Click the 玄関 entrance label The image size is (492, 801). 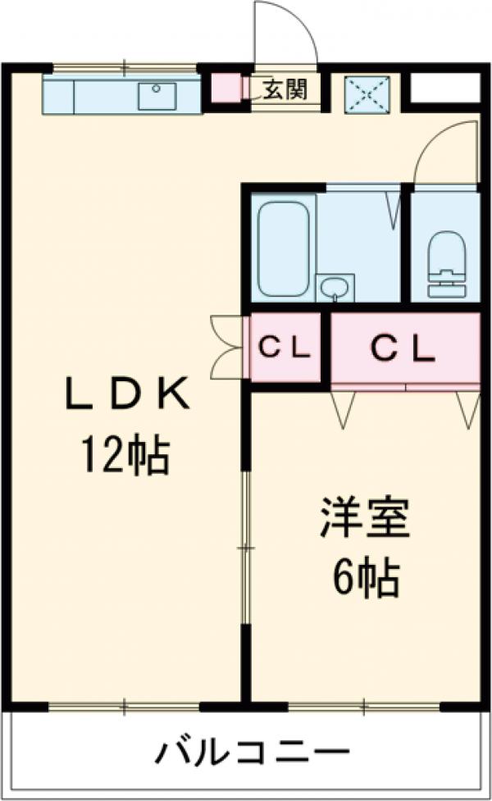point(285,89)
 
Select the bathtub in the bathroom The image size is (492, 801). point(283,247)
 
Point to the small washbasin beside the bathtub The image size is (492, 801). point(335,287)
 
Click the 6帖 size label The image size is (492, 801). point(366,578)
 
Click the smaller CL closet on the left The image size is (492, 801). point(285,348)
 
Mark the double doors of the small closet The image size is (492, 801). point(226,348)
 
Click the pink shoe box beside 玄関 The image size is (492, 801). point(225,89)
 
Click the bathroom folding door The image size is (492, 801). point(393,205)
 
